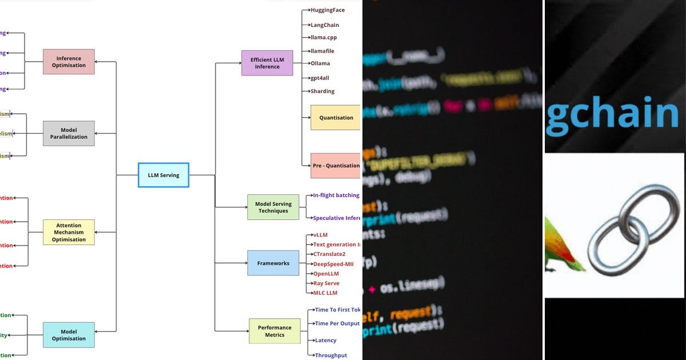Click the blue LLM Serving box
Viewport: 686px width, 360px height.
tap(163, 175)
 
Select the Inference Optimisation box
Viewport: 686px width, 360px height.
tap(69, 62)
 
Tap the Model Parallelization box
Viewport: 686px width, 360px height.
tap(69, 133)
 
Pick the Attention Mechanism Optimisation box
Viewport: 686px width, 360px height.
tap(69, 232)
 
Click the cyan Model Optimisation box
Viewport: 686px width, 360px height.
tap(69, 335)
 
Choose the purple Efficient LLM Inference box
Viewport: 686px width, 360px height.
tap(267, 63)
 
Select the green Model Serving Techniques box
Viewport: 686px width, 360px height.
tap(273, 207)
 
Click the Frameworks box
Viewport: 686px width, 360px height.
tap(273, 263)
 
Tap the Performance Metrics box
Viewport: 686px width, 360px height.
tap(274, 331)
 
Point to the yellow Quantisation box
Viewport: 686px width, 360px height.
tap(336, 118)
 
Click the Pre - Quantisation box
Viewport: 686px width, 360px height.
tap(336, 166)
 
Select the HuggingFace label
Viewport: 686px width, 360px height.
tap(328, 10)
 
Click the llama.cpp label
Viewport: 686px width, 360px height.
tap(324, 37)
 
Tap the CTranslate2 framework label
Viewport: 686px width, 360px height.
tap(329, 254)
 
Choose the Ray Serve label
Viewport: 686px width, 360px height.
tap(326, 283)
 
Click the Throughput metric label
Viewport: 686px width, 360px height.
tap(330, 355)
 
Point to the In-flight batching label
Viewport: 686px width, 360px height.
tap(336, 195)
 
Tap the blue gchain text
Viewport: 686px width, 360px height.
tap(612, 114)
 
